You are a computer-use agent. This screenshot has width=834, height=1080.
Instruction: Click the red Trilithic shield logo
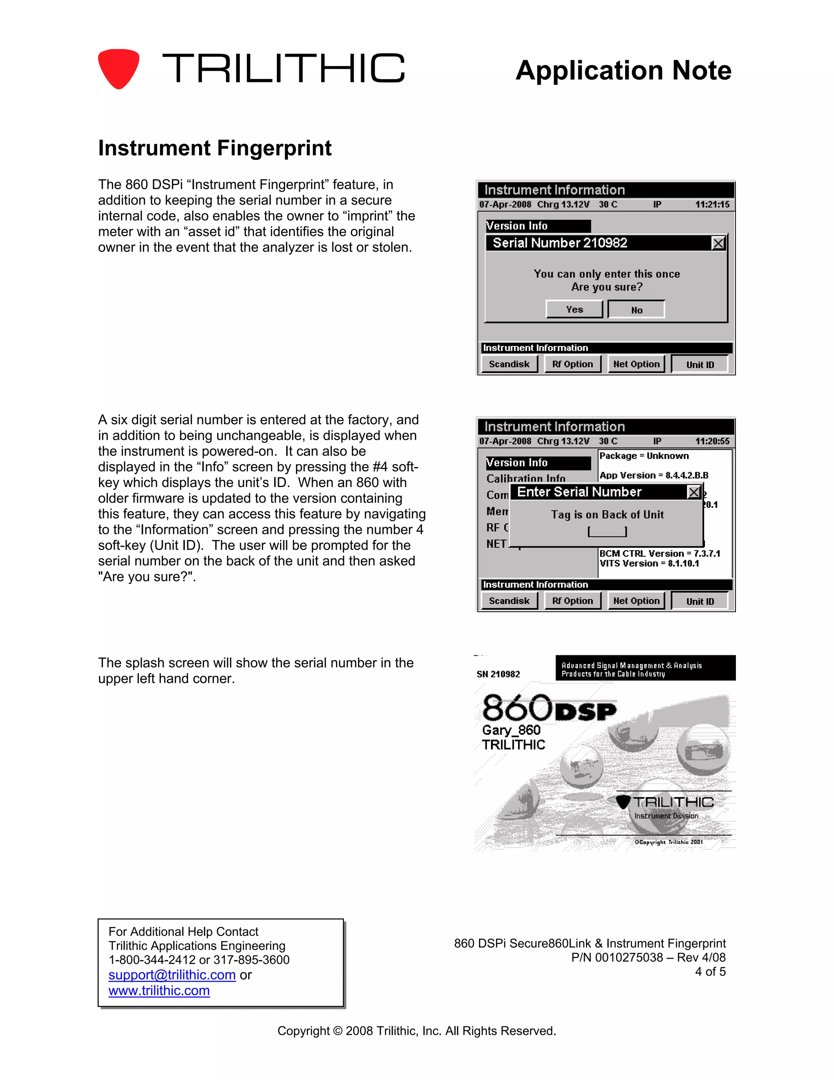119,68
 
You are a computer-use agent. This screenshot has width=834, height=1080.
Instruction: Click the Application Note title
623,70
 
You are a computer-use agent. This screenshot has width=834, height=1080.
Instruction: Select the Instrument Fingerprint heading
215,148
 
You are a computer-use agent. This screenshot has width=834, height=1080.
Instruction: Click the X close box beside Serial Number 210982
718,243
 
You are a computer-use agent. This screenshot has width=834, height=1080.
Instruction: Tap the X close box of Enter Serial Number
694,492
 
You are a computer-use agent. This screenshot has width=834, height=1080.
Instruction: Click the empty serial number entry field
607,531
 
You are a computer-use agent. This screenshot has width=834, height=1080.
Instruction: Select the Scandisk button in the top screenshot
509,364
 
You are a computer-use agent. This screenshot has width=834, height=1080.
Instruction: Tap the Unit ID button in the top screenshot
700,364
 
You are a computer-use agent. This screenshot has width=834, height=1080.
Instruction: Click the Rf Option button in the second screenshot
572,601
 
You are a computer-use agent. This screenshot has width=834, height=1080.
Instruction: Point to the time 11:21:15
712,204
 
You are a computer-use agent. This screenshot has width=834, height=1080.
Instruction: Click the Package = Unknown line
644,456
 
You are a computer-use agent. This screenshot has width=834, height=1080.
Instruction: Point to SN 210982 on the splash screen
498,674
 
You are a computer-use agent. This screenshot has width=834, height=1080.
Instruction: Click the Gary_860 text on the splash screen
511,730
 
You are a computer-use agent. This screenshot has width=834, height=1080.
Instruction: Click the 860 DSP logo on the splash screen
549,708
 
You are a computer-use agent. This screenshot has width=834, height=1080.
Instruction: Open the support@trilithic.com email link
172,975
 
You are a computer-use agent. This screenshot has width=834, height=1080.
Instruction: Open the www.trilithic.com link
159,990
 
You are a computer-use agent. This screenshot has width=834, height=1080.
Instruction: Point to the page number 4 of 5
710,972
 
